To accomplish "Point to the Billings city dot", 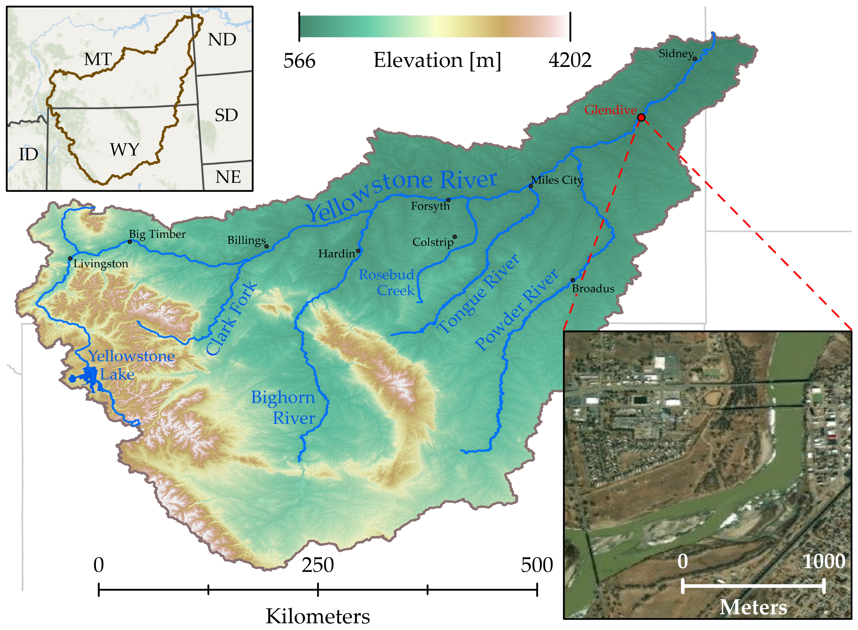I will (266, 246).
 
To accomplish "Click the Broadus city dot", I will (573, 280).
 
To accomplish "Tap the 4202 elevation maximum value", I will (570, 60).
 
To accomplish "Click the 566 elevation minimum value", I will (299, 61).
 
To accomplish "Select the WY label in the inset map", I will (124, 149).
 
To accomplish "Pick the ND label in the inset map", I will (222, 40).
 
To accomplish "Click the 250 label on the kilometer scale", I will (318, 565).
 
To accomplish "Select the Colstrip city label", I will (433, 242).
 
